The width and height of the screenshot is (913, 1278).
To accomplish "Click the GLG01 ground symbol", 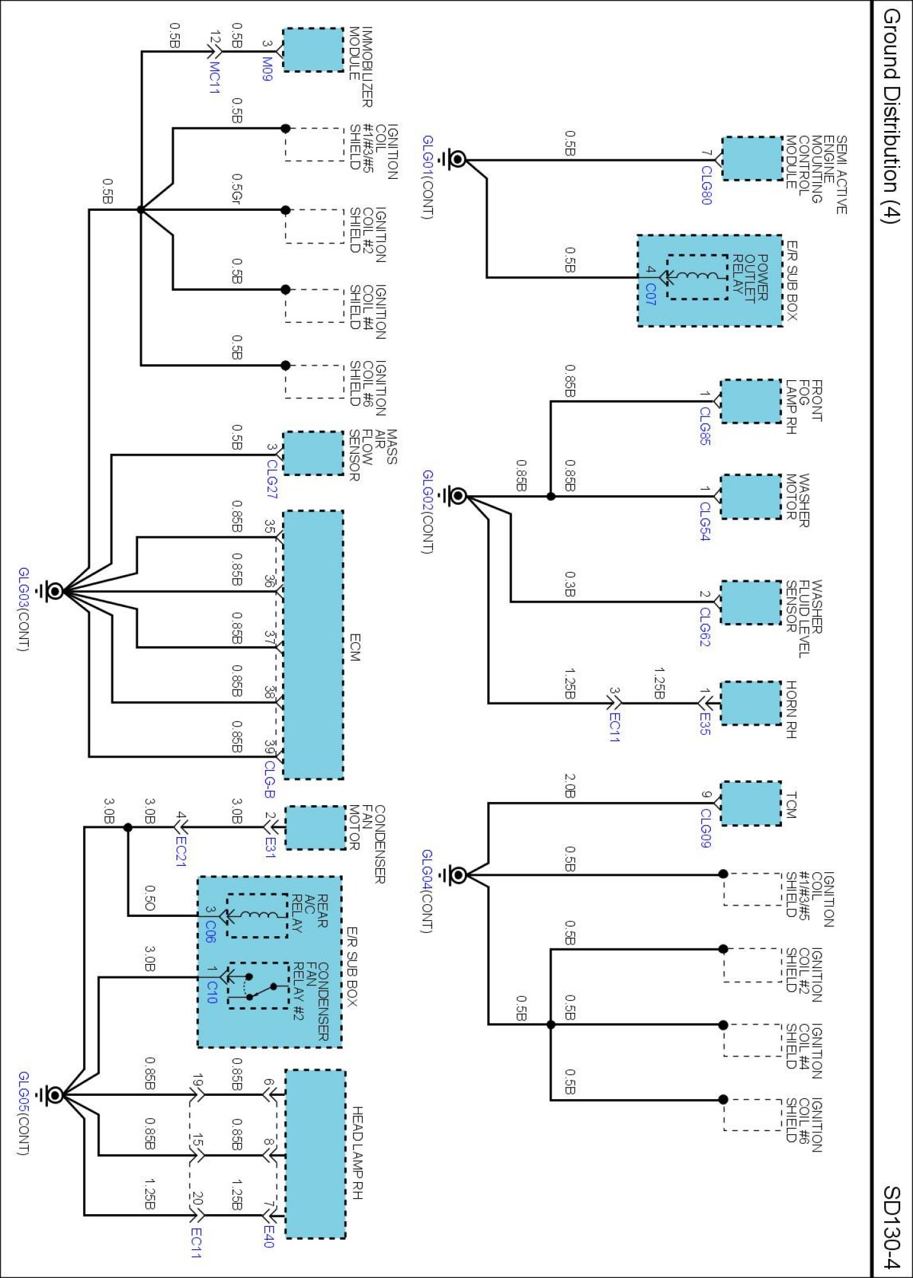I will [457, 159].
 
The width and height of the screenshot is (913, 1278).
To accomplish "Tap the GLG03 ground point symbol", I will [54, 591].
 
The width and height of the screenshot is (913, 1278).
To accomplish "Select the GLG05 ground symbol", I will [54, 1095].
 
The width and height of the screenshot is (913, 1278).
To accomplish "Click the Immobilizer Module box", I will [313, 49].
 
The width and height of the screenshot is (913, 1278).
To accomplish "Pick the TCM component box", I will [751, 803].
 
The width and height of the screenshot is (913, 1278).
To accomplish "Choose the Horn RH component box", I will [751, 703].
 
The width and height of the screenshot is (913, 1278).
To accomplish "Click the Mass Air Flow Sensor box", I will [313, 453].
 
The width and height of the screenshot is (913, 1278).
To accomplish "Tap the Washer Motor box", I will [751, 497].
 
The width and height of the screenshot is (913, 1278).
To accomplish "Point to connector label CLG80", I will [706, 185].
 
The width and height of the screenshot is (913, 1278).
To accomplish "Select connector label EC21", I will [180, 851].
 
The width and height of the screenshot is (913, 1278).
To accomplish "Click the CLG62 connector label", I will [705, 626].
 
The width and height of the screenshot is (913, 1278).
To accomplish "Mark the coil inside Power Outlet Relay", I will [697, 277].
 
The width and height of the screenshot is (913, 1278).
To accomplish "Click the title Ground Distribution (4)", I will [891, 115].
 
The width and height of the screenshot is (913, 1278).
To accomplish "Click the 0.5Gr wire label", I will [237, 189].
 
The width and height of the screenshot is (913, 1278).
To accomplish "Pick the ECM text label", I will [355, 647].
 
